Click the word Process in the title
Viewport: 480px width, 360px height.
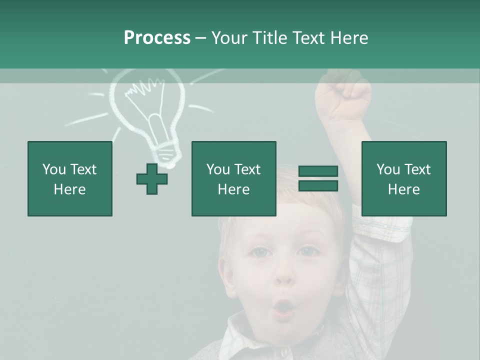coord(157,38)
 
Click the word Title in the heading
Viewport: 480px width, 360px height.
coord(268,38)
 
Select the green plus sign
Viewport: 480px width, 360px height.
coord(152,179)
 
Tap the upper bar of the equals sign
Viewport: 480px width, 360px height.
coord(318,171)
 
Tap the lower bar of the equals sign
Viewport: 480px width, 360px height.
coord(318,186)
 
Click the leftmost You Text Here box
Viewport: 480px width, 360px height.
coord(69,178)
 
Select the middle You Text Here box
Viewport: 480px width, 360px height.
coord(233,178)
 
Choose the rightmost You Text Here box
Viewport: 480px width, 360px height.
coord(403,178)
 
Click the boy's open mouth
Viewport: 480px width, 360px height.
coord(283,306)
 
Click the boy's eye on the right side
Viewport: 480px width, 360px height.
coord(306,251)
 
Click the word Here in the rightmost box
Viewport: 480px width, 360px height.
coord(403,189)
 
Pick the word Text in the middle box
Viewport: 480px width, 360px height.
coord(247,169)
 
